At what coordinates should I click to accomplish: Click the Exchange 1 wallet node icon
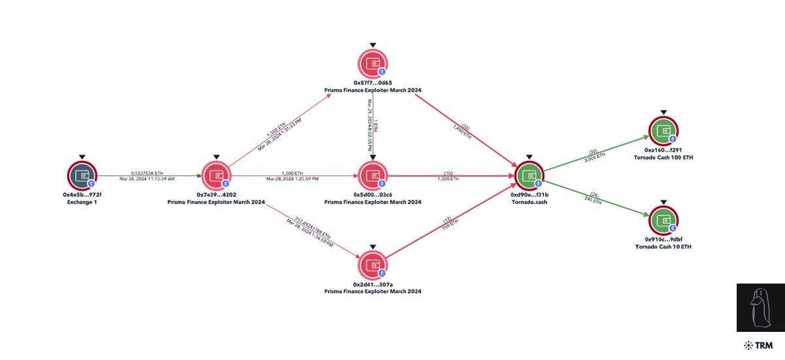(x=82, y=175)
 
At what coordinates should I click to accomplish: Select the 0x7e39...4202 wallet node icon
(x=216, y=175)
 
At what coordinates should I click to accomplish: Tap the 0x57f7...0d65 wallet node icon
(x=372, y=63)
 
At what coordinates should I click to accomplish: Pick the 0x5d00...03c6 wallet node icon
(x=372, y=175)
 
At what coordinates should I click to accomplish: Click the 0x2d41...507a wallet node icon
(x=372, y=265)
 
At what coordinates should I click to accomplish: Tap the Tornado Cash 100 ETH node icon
(x=663, y=130)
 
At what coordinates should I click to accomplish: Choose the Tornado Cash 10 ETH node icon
(x=663, y=221)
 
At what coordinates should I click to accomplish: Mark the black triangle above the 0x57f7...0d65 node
(x=372, y=45)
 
